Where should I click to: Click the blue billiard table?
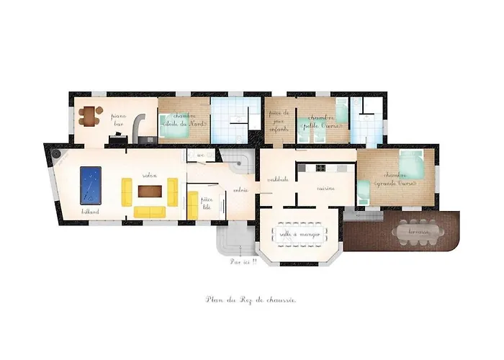pos(90,184)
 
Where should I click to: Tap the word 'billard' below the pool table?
pos(90,212)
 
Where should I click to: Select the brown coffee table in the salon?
pos(150,191)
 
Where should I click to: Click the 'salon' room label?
pos(150,175)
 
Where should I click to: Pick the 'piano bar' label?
pos(117,119)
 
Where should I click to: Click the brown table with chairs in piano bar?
pos(89,114)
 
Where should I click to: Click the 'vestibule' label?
pos(278,179)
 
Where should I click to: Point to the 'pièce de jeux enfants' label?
pos(278,120)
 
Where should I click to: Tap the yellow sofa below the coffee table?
pos(150,211)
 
